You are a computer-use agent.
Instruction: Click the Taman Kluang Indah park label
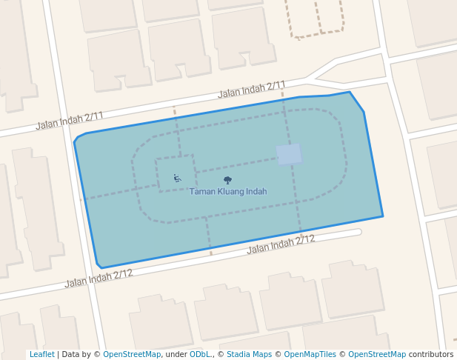(227, 192)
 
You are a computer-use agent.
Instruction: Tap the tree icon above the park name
(227, 180)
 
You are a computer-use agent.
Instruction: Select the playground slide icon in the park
(177, 178)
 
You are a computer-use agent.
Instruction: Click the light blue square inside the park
(289, 154)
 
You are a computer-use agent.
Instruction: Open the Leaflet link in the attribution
(41, 355)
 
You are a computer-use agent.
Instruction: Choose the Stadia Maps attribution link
(249, 355)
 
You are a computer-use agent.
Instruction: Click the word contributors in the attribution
(430, 355)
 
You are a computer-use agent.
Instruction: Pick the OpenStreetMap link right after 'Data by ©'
(132, 355)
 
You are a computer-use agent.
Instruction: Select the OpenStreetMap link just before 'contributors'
(376, 355)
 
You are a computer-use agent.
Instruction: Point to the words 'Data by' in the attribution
(76, 355)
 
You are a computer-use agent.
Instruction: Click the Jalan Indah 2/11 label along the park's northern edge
(252, 90)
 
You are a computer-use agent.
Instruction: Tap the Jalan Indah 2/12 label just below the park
(281, 243)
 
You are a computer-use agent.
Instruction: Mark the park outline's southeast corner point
(383, 216)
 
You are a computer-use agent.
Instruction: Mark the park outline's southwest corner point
(100, 268)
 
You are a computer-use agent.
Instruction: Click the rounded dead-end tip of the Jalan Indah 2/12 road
(358, 232)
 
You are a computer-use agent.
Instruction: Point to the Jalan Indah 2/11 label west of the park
(70, 121)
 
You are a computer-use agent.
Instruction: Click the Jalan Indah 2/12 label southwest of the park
(99, 279)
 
